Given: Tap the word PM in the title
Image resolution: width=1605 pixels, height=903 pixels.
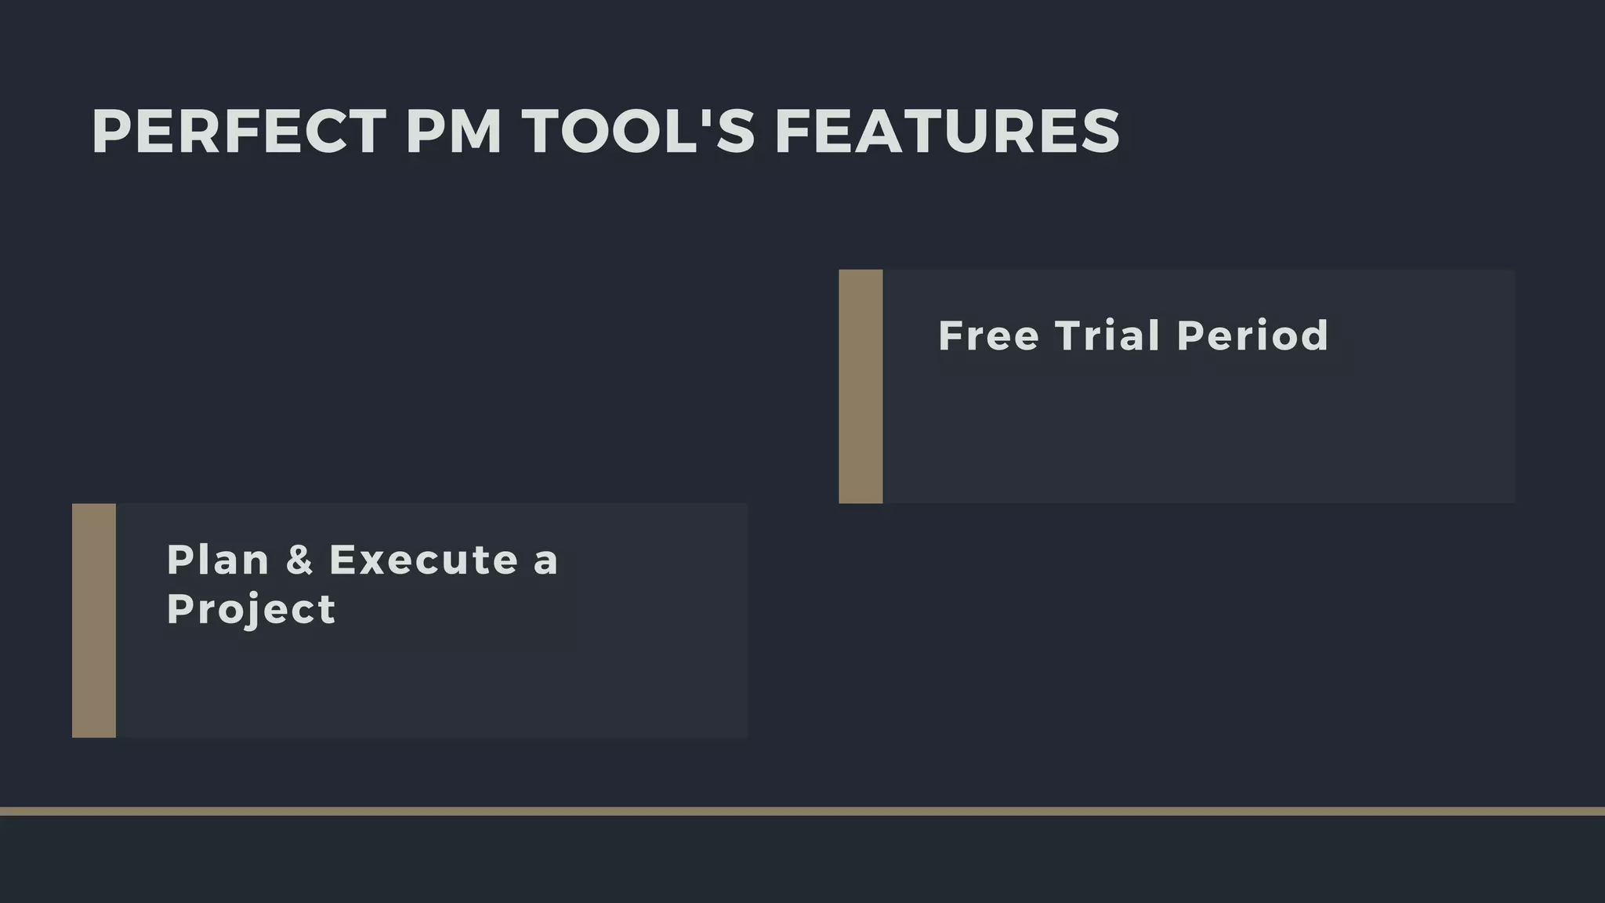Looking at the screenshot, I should point(454,132).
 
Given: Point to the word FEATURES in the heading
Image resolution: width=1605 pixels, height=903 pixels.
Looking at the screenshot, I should point(947,132).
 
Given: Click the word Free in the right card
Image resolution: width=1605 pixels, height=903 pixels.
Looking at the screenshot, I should point(988,336).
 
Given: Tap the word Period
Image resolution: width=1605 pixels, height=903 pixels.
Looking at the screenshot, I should point(1252,336).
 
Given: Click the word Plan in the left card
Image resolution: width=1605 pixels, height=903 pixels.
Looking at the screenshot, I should point(218,560).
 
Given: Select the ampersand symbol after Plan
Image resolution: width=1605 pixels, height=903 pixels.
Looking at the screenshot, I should point(299,560).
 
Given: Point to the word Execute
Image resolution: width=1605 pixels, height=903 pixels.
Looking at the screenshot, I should point(424,560).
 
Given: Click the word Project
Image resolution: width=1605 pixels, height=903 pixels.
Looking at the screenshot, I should point(251,610).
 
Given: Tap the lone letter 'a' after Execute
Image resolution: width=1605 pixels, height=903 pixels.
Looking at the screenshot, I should point(545,562).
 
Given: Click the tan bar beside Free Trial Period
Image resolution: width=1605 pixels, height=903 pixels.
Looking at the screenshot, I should point(860,386).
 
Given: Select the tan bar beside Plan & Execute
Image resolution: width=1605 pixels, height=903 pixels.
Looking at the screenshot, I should point(94,620).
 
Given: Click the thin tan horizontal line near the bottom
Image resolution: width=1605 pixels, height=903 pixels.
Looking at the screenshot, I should point(802,811).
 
